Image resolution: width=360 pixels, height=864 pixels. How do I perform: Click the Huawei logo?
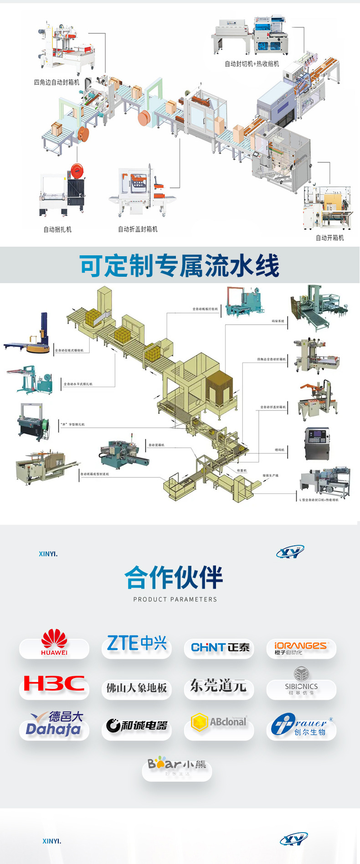click(54, 643)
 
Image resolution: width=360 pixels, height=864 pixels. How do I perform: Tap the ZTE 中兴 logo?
click(137, 643)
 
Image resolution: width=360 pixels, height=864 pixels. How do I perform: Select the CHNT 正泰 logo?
click(220, 647)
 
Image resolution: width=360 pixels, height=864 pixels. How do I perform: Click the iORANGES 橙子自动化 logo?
click(301, 647)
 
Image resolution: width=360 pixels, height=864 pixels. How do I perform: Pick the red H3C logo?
click(54, 683)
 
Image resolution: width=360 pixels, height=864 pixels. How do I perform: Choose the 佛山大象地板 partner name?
click(137, 688)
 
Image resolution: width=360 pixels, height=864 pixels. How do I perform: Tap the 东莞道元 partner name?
click(218, 685)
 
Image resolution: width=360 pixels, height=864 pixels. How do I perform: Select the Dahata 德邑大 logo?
click(54, 724)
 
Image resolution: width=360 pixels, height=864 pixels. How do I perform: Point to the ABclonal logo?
click(219, 722)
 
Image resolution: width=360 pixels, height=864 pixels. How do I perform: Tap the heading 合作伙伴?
click(174, 578)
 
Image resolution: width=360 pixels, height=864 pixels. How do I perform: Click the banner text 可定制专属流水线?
click(179, 266)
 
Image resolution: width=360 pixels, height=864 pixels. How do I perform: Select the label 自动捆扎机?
click(57, 229)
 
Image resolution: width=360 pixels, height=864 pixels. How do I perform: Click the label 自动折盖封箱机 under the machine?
click(138, 229)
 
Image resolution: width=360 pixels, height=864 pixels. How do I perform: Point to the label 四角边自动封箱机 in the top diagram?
click(57, 83)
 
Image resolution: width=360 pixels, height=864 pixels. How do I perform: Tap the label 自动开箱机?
click(329, 238)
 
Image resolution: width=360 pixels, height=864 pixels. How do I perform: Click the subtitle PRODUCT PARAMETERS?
click(175, 599)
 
